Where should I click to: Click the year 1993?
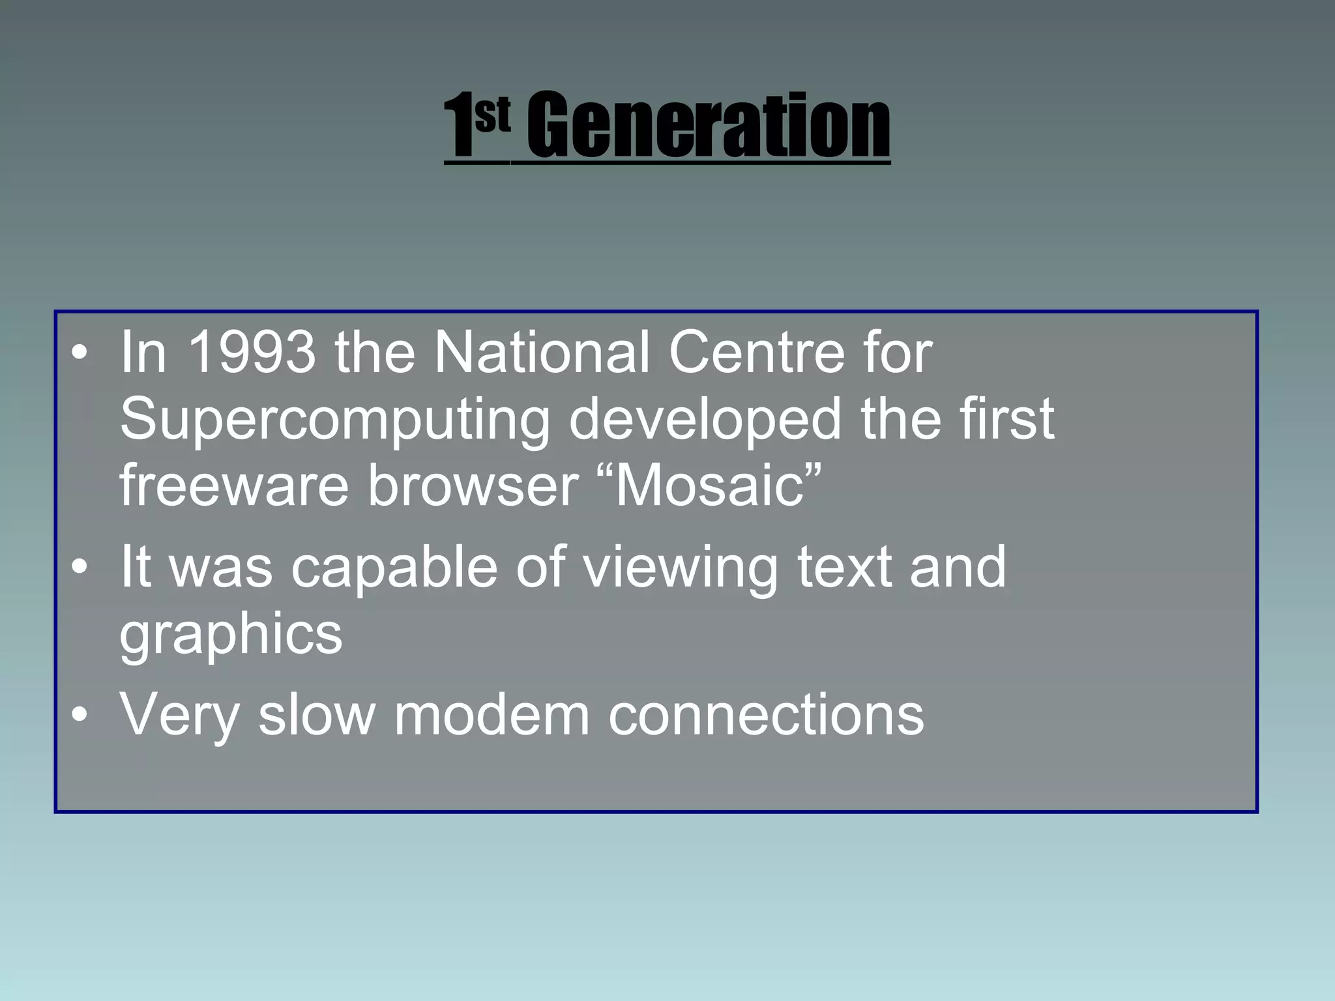[251, 353]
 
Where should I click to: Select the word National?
[542, 353]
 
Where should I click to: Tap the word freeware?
[234, 485]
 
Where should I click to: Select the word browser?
[473, 485]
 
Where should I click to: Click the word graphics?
[231, 635]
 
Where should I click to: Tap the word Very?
[180, 716]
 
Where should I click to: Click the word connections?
[766, 716]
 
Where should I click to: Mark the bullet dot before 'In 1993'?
[80, 354]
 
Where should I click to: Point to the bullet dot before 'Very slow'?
[80, 715]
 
